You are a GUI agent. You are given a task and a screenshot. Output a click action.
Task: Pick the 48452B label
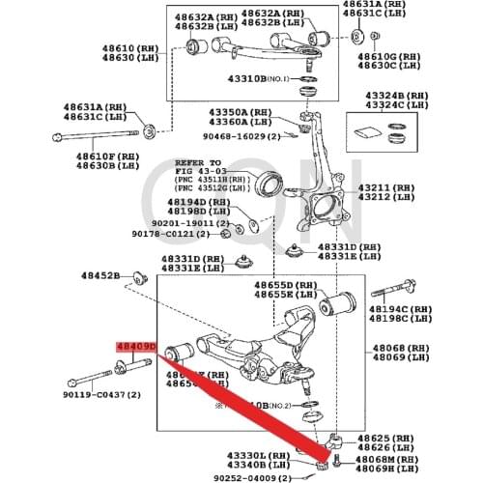point(99,276)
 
